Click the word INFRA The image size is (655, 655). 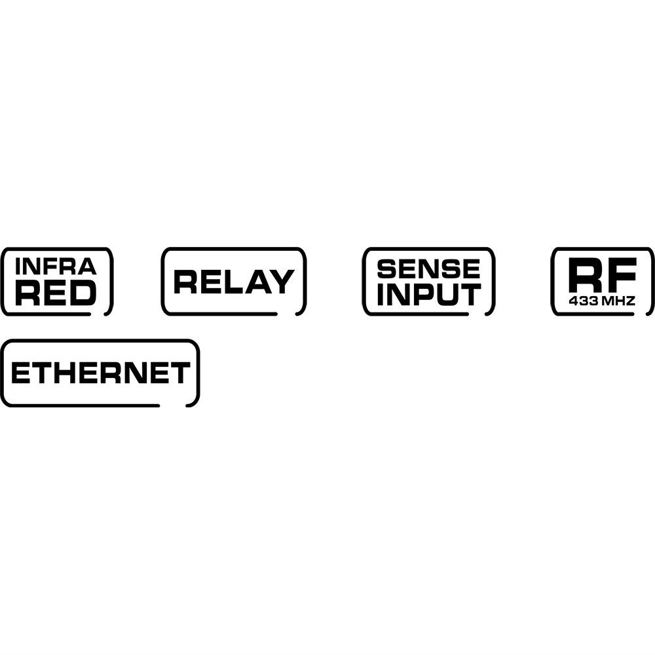coord(56,266)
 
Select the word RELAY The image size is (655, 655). coord(233,282)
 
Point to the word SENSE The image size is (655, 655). coord(429,268)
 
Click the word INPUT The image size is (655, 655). coord(429,295)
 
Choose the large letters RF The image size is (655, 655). coord(603,276)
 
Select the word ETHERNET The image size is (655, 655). coord(100,373)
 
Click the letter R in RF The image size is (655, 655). coord(584,276)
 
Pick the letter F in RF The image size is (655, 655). coord(622,276)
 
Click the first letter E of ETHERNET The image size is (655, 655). coord(20,373)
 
